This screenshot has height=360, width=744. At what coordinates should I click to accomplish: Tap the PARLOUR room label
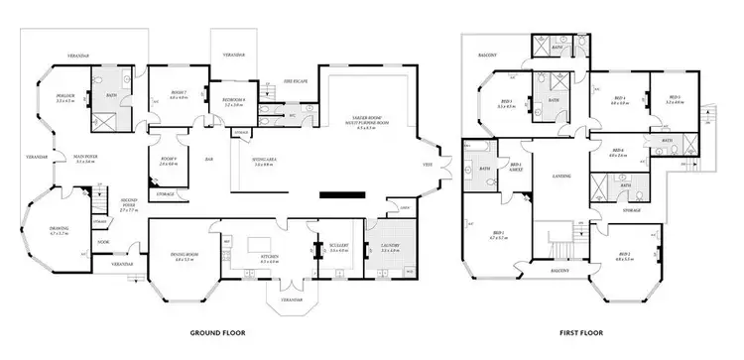[65, 96]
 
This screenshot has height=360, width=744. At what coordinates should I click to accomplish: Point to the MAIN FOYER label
[65, 158]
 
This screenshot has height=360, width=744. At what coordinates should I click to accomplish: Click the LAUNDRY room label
[389, 247]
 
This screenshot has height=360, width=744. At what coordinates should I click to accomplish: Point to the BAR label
[209, 159]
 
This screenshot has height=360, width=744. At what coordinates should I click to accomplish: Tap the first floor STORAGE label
[633, 210]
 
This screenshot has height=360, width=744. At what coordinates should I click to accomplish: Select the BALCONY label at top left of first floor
[488, 55]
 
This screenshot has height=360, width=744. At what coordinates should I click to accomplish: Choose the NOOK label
[102, 242]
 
